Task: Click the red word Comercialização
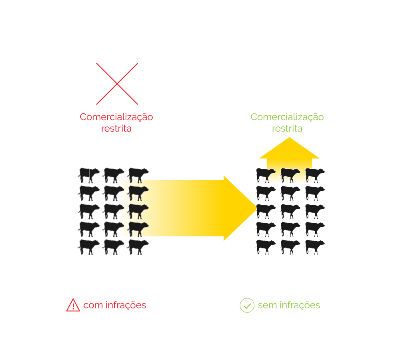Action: pyautogui.click(x=116, y=117)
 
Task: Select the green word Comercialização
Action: pyautogui.click(x=287, y=117)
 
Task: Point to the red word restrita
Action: pyautogui.click(x=116, y=129)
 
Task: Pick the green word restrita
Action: pyautogui.click(x=287, y=129)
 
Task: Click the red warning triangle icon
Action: pyautogui.click(x=73, y=306)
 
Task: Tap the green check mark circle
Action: pyautogui.click(x=247, y=306)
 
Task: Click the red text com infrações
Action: pyautogui.click(x=115, y=305)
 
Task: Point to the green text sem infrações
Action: pyautogui.click(x=289, y=305)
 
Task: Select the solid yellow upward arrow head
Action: pyautogui.click(x=289, y=148)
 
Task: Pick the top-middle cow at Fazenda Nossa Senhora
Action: pyautogui.click(x=290, y=174)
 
